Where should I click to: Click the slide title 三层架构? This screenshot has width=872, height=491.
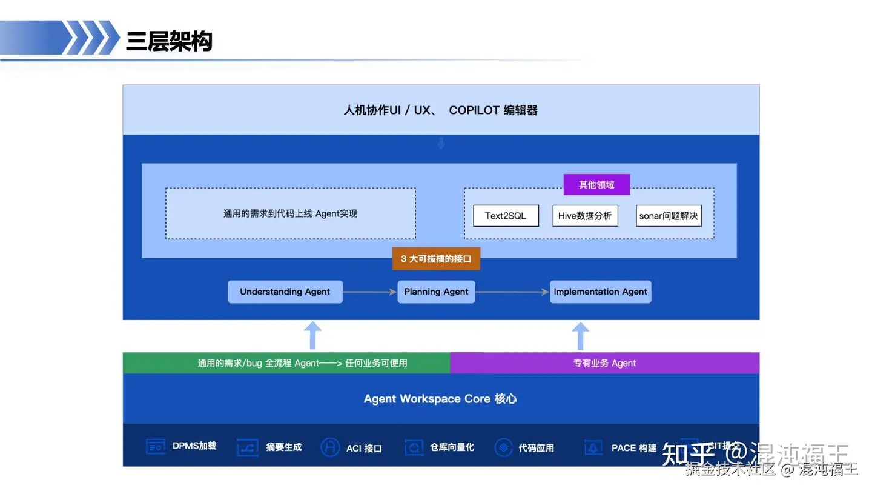pyautogui.click(x=169, y=41)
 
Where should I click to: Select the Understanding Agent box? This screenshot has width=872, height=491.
pyautogui.click(x=285, y=292)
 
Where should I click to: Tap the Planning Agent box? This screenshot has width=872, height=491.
pyautogui.click(x=436, y=292)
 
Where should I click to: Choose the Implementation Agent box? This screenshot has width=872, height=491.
pyautogui.click(x=600, y=292)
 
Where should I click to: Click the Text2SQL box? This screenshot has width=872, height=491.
pyautogui.click(x=506, y=216)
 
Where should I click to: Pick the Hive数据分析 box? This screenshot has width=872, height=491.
pyautogui.click(x=585, y=216)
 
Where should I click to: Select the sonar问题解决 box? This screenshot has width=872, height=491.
pyautogui.click(x=669, y=216)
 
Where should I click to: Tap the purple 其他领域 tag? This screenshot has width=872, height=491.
pyautogui.click(x=596, y=185)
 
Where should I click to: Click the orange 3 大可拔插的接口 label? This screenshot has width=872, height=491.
pyautogui.click(x=436, y=259)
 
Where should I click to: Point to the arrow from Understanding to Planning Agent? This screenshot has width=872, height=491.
pyautogui.click(x=370, y=292)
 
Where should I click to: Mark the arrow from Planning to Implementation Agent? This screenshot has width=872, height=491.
pyautogui.click(x=512, y=292)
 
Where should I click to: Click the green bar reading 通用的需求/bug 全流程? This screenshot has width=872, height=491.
pyautogui.click(x=286, y=363)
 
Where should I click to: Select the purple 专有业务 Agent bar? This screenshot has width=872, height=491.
pyautogui.click(x=604, y=363)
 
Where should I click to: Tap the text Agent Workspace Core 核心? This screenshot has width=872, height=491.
pyautogui.click(x=440, y=399)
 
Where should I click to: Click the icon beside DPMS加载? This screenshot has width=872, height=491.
pyautogui.click(x=156, y=447)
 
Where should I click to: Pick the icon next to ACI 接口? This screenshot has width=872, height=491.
pyautogui.click(x=330, y=447)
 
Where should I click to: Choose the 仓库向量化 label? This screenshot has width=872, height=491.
pyautogui.click(x=452, y=447)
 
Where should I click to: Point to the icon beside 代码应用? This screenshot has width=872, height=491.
pyautogui.click(x=503, y=447)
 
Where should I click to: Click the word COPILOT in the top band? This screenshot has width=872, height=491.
pyautogui.click(x=474, y=110)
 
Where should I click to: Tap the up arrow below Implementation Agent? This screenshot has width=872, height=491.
pyautogui.click(x=580, y=335)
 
